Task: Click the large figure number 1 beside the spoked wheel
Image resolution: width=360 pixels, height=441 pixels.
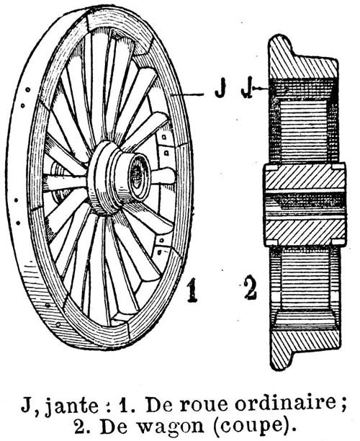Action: (192, 290)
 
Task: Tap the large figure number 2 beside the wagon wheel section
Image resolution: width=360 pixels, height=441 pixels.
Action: (250, 288)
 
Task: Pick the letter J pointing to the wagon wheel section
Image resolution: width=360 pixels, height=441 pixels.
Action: (246, 90)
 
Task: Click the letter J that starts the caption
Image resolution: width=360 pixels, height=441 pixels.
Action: (26, 404)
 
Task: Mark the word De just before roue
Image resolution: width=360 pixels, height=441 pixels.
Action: (159, 404)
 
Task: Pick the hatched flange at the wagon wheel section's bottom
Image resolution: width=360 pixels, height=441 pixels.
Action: (304, 345)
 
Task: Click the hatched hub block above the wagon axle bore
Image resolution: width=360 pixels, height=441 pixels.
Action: (305, 177)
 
